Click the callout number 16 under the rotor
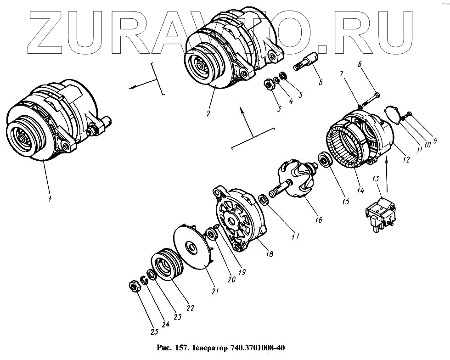coord(319,220)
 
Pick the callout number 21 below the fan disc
coord(215,291)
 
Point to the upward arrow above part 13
coord(387,174)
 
